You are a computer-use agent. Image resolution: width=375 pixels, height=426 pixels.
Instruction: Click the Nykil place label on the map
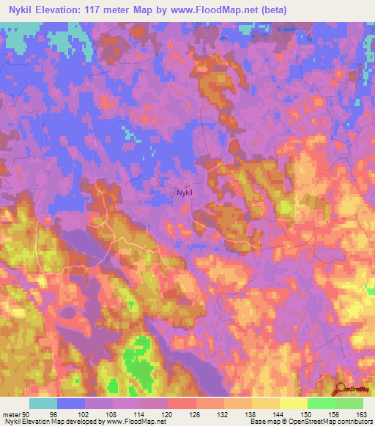185,193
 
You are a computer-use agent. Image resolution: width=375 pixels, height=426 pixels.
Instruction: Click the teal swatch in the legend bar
43,403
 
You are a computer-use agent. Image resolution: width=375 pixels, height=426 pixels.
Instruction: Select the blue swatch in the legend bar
71,403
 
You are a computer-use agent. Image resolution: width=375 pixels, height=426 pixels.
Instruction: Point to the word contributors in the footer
355,421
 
